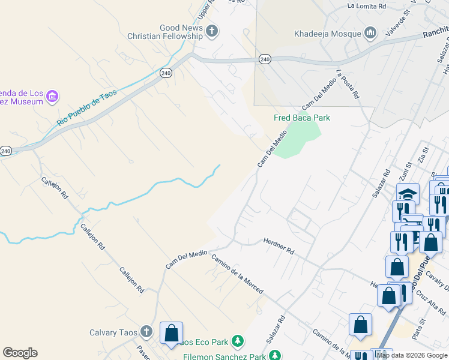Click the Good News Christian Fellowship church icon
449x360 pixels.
pos(211,31)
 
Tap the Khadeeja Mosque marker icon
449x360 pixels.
pos(370,33)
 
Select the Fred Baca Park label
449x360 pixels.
pos(302,118)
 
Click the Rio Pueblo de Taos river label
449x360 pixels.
pos(86,108)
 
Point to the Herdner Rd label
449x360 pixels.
pos(279,245)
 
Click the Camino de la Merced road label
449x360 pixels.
pos(237,274)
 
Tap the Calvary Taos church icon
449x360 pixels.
pos(146,332)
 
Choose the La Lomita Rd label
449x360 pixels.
pos(367,6)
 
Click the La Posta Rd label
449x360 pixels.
pos(348,85)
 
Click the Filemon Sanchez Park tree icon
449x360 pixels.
pos(274,356)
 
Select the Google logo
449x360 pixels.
pos(20,353)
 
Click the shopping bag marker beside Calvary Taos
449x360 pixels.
pos(172,333)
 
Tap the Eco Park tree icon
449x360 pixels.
pos(238,341)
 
